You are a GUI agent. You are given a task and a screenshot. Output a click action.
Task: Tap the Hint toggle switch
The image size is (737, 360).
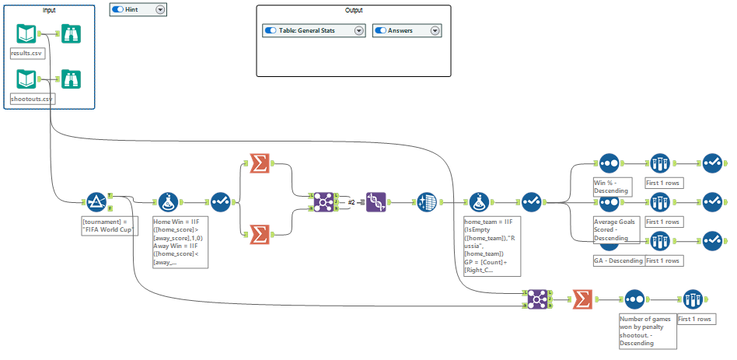click(x=117, y=9)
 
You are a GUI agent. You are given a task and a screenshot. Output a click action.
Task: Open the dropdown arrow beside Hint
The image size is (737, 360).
click(x=160, y=9)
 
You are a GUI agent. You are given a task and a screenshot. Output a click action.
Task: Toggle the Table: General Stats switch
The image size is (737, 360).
click(x=271, y=31)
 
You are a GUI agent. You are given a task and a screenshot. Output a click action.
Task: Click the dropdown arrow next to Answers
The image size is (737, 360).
click(x=435, y=31)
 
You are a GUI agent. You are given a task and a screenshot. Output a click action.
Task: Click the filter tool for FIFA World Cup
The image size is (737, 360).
click(x=96, y=202)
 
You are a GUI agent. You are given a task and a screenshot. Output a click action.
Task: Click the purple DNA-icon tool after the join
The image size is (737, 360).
click(x=376, y=202)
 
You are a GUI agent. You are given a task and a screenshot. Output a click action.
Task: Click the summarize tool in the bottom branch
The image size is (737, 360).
click(x=582, y=299)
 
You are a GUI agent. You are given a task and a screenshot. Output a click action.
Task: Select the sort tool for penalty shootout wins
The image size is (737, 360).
click(x=634, y=299)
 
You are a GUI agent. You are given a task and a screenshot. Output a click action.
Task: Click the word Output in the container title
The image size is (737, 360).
click(x=353, y=10)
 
